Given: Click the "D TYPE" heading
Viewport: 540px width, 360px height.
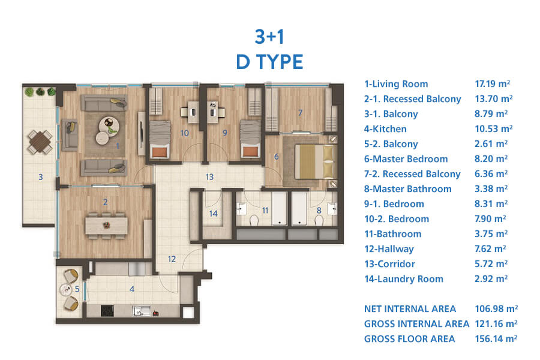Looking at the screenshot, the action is tap(269, 62).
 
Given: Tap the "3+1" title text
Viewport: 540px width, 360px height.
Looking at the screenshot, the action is tap(269, 37).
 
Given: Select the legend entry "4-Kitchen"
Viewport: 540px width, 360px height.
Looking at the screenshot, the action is tap(385, 129).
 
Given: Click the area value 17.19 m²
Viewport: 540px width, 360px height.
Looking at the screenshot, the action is tap(492, 84).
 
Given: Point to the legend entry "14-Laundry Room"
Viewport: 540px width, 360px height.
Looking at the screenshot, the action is tap(404, 278).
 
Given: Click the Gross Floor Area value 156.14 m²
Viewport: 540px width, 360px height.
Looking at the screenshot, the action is tap(496, 338).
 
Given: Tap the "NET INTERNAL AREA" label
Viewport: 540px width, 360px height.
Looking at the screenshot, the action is tap(410, 308).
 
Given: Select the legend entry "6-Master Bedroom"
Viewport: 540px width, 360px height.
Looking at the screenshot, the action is tap(406, 159).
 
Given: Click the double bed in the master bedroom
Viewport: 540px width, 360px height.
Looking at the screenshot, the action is tap(314, 161).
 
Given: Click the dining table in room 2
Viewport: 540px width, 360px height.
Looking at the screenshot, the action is tap(106, 226).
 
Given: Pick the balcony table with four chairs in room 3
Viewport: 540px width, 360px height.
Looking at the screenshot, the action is tap(40, 142).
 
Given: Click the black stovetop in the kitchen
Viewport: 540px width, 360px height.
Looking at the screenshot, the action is tap(107, 311).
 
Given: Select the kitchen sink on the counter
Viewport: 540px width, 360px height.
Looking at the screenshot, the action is tap(142, 311).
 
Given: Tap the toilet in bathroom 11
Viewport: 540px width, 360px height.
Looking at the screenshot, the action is tap(254, 220).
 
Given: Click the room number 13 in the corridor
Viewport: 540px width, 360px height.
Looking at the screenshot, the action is tap(209, 177).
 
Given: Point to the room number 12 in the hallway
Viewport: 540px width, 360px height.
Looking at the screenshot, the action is tap(172, 259).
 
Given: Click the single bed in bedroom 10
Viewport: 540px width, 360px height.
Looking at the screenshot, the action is tap(160, 139).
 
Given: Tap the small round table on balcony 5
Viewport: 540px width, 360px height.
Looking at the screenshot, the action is tap(66, 289).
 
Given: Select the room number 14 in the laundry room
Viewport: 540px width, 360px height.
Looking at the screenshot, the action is tap(213, 214).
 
